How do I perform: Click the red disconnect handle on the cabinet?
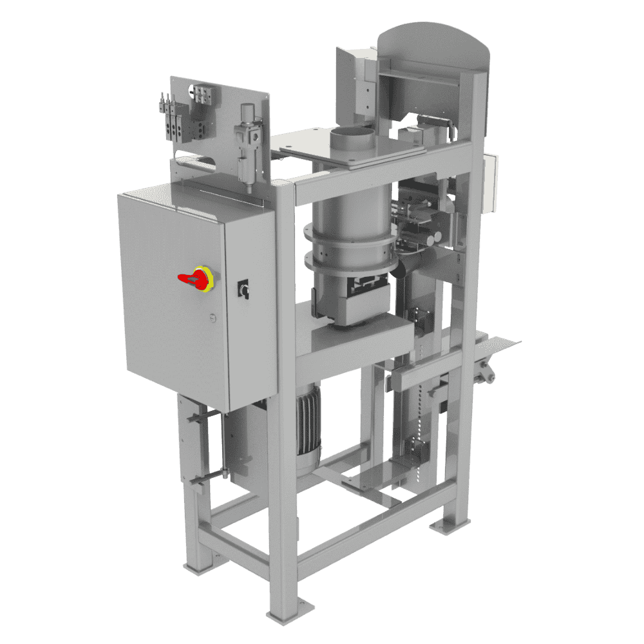pos(191,278)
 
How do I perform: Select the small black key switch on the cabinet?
pos(244,289)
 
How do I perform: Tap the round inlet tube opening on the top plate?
pos(352,133)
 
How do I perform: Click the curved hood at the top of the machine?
pos(433,44)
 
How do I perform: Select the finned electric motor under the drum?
pos(308,428)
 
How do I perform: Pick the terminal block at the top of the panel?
pos(204,95)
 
